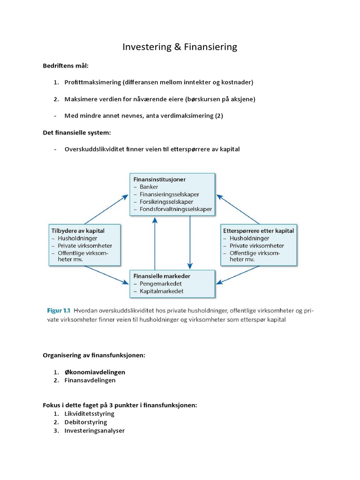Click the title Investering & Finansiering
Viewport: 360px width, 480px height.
(x=180, y=47)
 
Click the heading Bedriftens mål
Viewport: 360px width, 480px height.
(x=65, y=66)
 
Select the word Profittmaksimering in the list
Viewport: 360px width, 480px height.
(x=92, y=82)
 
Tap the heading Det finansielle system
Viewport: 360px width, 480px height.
(x=76, y=133)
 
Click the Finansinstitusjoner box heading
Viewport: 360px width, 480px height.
(x=159, y=179)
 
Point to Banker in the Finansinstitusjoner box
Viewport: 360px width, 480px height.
(x=149, y=187)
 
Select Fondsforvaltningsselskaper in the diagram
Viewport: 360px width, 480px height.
(x=175, y=209)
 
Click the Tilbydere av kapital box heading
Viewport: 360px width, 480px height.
(x=77, y=231)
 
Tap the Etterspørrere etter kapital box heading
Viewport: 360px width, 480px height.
(x=259, y=231)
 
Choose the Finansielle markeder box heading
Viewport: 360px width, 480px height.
(x=162, y=276)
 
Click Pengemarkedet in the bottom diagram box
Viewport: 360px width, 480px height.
(x=161, y=284)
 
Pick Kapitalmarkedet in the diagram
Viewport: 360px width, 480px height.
(x=161, y=291)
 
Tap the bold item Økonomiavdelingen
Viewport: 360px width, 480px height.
(x=95, y=372)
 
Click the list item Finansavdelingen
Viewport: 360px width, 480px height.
(x=90, y=380)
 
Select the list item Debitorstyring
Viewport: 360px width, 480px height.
(x=86, y=422)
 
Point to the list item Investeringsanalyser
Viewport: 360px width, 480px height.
(x=94, y=430)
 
